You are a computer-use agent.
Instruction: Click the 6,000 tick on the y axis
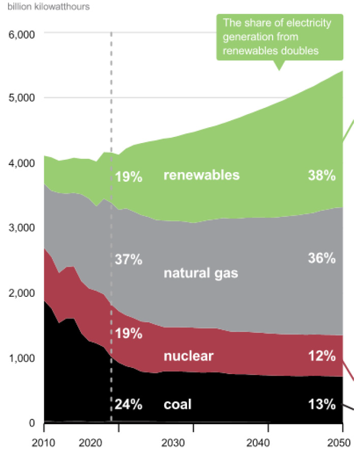point(20,34)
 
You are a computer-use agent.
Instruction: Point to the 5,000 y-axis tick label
point(20,98)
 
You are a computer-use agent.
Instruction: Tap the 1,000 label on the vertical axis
point(20,358)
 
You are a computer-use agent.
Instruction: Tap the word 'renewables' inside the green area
point(201,176)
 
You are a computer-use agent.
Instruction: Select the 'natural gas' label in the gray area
point(201,273)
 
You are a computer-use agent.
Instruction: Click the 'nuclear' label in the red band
point(189,356)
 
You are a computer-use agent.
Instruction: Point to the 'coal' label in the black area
point(177,405)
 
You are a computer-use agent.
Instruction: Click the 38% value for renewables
point(321,176)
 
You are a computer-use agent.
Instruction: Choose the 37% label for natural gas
point(128,260)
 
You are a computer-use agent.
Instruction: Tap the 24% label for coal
point(128,405)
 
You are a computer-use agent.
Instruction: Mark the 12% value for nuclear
point(321,356)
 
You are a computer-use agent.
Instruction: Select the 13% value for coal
point(321,405)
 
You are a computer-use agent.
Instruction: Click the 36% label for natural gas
point(321,258)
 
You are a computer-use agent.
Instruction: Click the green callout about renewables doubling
point(280,37)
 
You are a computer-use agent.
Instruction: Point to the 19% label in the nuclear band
point(128,334)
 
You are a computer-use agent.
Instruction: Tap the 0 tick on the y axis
point(31,423)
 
